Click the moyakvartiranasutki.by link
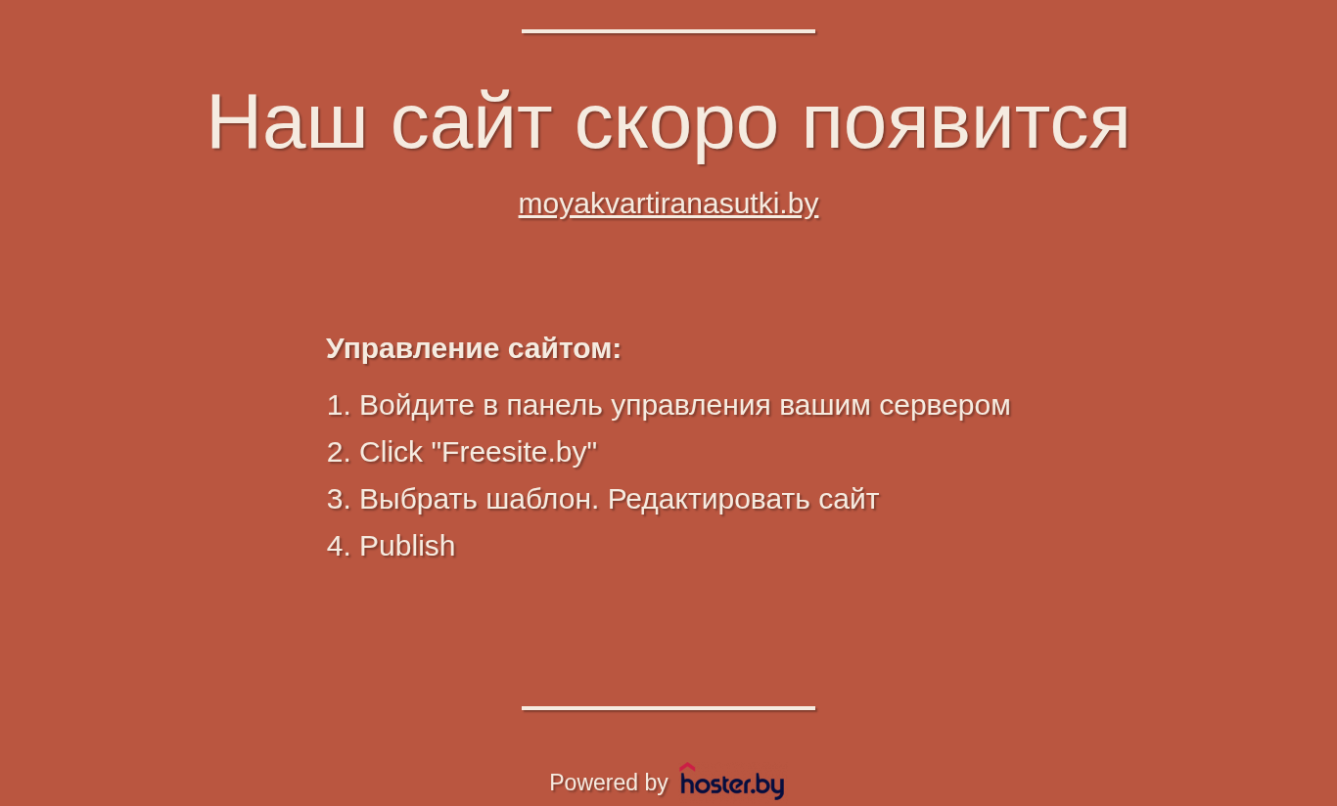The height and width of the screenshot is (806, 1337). click(668, 204)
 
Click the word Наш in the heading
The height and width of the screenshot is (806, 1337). click(287, 121)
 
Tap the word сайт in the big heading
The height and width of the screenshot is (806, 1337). click(471, 121)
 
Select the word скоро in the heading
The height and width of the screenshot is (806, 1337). click(677, 126)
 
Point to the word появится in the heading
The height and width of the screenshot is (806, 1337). click(966, 126)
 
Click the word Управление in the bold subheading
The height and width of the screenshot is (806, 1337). click(412, 349)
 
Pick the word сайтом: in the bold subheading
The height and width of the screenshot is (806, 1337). click(565, 349)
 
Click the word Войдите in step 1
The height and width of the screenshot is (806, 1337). click(417, 406)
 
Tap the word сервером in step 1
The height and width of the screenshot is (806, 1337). click(945, 407)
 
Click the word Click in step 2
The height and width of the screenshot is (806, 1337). click(391, 452)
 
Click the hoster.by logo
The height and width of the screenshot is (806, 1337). click(732, 782)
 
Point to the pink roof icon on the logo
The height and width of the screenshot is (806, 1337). click(687, 767)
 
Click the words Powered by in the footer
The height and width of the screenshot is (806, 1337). click(608, 783)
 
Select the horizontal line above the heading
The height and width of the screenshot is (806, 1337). click(668, 31)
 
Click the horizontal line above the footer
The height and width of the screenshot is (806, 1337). click(668, 708)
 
